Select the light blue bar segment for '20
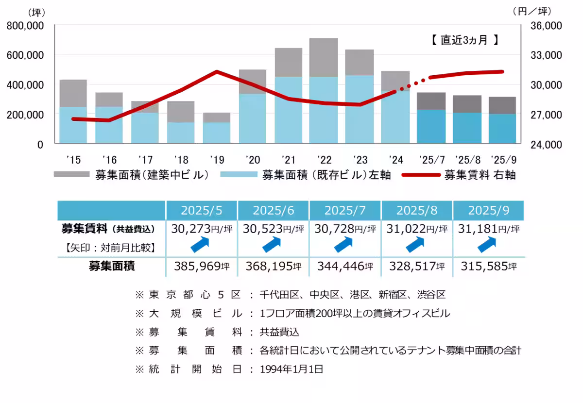pos(252,118)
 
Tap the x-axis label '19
pos(217,159)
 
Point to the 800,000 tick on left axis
pos(25,26)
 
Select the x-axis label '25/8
pos(467,159)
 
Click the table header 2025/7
pos(345,210)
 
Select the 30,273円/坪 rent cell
pos(202,228)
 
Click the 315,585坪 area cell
pos(488,266)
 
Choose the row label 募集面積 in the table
pos(112,266)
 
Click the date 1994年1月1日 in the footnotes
pos(291,369)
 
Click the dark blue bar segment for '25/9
pos(503,128)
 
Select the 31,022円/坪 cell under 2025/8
pos(417,228)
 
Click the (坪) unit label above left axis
pos(36,12)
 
